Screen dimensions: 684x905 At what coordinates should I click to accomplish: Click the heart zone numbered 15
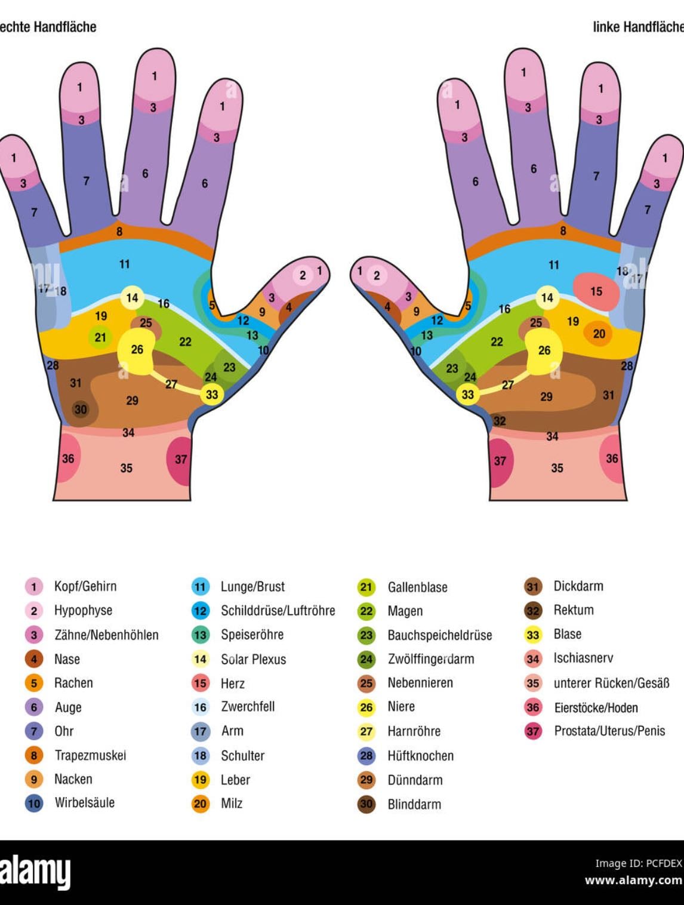pyautogui.click(x=596, y=291)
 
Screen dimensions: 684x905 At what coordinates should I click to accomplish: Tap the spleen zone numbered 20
pyautogui.click(x=598, y=333)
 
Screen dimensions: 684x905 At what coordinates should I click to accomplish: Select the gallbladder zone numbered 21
pyautogui.click(x=100, y=337)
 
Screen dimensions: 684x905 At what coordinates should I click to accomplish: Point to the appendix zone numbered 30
pyautogui.click(x=81, y=410)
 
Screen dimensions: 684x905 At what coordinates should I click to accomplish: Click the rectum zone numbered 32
pyautogui.click(x=499, y=421)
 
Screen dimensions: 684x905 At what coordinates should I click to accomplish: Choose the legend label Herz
pyautogui.click(x=232, y=684)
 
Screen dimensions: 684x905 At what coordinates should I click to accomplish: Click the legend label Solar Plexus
pyautogui.click(x=254, y=659)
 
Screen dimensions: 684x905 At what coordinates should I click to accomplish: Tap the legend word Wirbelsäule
pyautogui.click(x=85, y=803)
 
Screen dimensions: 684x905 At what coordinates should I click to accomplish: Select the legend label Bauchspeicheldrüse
pyautogui.click(x=440, y=635)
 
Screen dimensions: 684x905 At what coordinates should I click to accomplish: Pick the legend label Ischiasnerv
pyautogui.click(x=583, y=658)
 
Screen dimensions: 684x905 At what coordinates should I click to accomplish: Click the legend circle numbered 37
pyautogui.click(x=533, y=731)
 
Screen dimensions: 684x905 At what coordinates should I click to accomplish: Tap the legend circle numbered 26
pyautogui.click(x=366, y=707)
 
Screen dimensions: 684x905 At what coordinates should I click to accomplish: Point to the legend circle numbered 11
pyautogui.click(x=201, y=587)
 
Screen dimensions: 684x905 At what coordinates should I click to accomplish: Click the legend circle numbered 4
pyautogui.click(x=34, y=659)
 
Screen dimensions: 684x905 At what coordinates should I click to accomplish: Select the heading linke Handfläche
pyautogui.click(x=638, y=27)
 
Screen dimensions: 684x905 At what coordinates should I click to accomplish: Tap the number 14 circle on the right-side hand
pyautogui.click(x=547, y=298)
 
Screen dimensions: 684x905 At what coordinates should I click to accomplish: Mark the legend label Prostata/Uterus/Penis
pyautogui.click(x=609, y=731)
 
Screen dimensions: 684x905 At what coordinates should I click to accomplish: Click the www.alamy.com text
pyautogui.click(x=633, y=881)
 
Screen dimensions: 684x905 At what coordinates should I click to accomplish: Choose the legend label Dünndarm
pyautogui.click(x=415, y=780)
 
